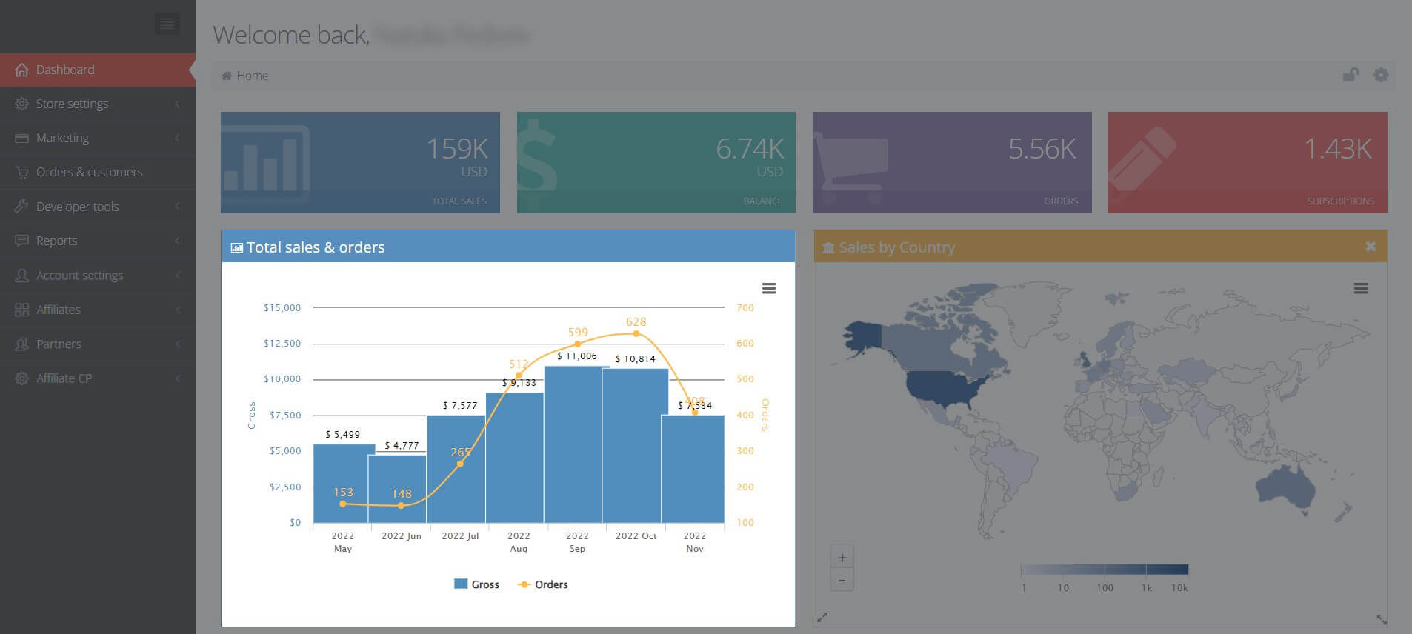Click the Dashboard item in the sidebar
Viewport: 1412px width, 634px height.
pos(65,70)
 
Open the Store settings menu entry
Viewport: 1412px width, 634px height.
pos(72,104)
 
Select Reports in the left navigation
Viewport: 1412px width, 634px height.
pos(56,241)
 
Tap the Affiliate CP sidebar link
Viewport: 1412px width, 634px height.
pos(64,378)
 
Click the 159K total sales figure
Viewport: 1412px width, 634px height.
pos(456,149)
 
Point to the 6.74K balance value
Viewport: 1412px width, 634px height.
pos(749,149)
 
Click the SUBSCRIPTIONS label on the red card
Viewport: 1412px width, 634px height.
pos(1339,201)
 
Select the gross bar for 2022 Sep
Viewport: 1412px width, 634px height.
pos(576,444)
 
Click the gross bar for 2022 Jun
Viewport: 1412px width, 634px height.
pos(397,489)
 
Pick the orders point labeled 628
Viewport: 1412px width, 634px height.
pos(636,333)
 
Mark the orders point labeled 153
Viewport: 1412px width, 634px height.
pos(342,504)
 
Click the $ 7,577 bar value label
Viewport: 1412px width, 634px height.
pos(460,405)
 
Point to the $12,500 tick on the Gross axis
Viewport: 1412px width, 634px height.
pos(282,344)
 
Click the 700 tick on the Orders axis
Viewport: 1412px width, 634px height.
pos(745,307)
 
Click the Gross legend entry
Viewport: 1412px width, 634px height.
pos(477,584)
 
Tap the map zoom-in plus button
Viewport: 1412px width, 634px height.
pos(842,558)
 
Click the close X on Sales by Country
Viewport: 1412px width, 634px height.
pos(1370,247)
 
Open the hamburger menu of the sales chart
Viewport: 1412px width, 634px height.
pos(769,288)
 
